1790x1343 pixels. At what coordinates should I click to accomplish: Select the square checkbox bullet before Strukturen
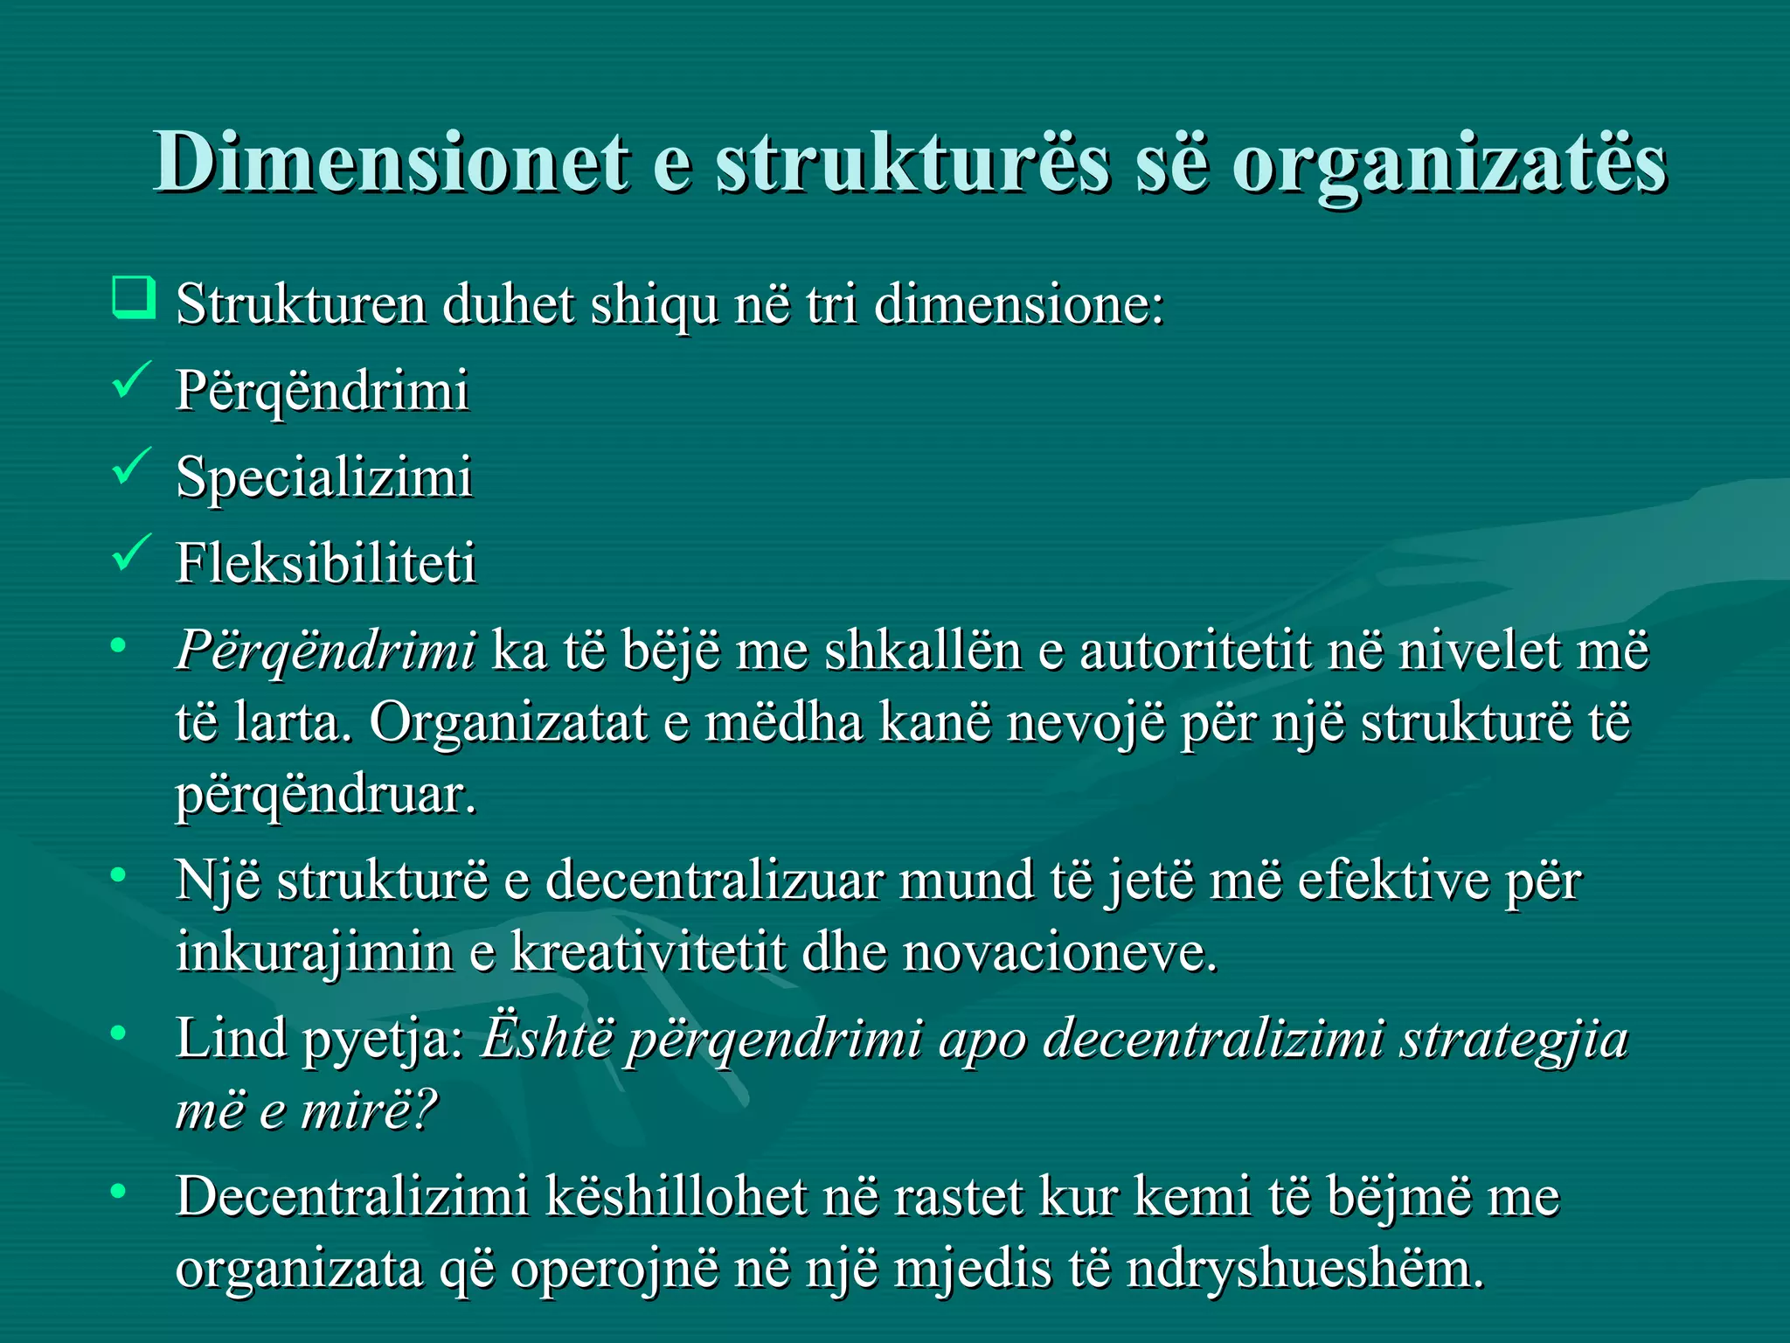134,297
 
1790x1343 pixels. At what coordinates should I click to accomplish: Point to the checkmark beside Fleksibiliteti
132,553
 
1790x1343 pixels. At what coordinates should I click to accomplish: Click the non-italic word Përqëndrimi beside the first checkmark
323,391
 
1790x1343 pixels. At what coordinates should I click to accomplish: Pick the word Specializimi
324,477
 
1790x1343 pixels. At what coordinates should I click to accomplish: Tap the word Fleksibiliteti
326,562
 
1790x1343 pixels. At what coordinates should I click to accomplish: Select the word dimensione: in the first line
1019,304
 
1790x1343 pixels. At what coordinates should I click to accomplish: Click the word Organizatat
508,723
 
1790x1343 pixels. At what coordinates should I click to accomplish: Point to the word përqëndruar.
326,796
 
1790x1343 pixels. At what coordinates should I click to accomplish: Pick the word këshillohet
676,1197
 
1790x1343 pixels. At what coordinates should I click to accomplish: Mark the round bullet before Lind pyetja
119,1033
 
